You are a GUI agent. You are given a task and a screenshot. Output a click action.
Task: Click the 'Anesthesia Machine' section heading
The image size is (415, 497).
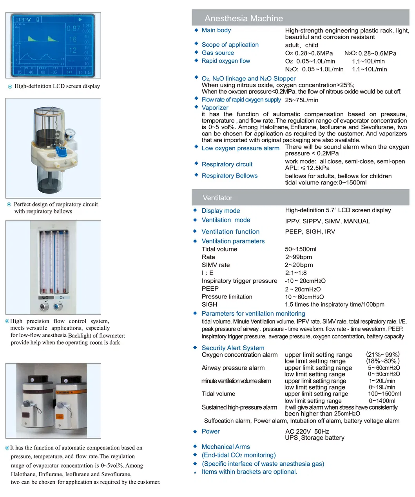coord(243,18)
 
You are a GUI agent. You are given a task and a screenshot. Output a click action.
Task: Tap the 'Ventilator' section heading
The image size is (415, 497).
coord(217,198)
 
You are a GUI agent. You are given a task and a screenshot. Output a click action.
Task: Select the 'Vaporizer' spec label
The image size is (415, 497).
coord(215,108)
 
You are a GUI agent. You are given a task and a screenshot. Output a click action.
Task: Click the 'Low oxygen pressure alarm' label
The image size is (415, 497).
coord(240,148)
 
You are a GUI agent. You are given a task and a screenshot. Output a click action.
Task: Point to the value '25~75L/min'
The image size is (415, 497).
coord(301,100)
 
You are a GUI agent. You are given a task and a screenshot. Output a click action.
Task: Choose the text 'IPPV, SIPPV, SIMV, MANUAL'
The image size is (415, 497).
coord(327,221)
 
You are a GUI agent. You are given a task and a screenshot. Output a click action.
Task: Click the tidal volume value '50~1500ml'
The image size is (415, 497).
coord(300,249)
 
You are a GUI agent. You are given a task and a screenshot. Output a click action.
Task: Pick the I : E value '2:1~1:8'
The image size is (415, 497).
coord(296,273)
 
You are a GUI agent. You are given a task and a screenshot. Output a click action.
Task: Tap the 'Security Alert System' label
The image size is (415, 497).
coord(233,348)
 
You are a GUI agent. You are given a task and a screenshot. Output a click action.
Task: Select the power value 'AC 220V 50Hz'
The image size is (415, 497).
coord(307,431)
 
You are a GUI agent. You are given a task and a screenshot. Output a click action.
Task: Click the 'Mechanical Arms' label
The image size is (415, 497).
coord(225,446)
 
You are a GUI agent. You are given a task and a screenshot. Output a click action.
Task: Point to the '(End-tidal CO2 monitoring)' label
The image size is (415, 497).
coord(238,455)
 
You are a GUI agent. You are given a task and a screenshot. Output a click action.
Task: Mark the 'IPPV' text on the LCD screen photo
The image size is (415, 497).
coord(23,20)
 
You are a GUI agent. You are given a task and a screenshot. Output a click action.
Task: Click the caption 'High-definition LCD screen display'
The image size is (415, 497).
coord(57,86)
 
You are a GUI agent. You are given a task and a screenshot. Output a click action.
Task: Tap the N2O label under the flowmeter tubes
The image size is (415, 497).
coord(45,298)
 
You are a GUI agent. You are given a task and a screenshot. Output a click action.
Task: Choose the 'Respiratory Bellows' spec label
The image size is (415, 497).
coord(229,176)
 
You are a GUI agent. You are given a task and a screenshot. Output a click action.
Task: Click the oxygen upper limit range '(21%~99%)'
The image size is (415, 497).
coord(382,354)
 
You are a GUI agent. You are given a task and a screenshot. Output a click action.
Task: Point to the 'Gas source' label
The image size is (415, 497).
coord(217,53)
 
